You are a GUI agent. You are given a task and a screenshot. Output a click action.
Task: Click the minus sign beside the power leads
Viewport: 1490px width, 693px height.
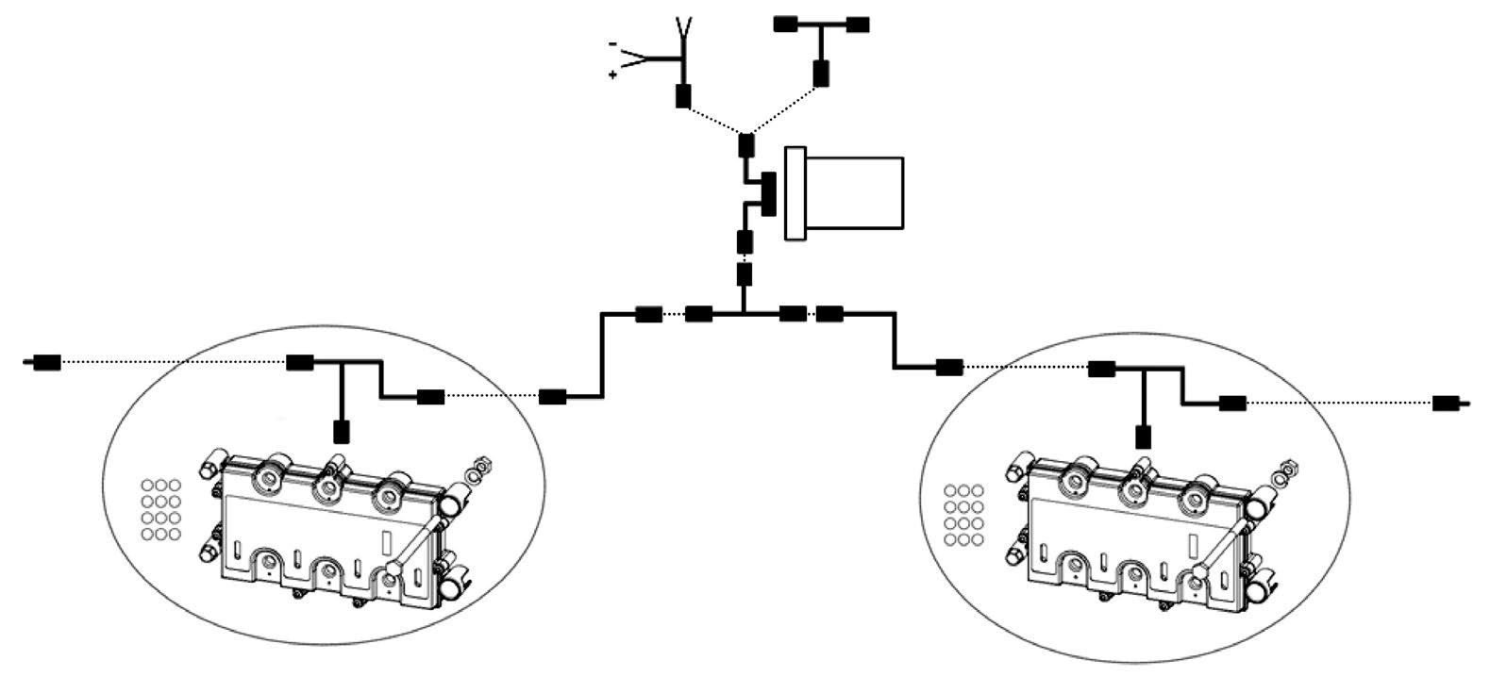pyautogui.click(x=613, y=44)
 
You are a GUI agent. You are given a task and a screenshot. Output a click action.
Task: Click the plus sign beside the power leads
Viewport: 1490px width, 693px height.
pyautogui.click(x=613, y=74)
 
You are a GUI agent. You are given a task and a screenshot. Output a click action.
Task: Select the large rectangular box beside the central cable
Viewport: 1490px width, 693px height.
pyautogui.click(x=845, y=193)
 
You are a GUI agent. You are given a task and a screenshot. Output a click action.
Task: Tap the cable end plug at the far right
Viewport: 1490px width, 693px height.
pyautogui.click(x=1447, y=404)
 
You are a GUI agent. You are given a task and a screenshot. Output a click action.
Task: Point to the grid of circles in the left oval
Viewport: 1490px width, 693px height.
pyautogui.click(x=160, y=510)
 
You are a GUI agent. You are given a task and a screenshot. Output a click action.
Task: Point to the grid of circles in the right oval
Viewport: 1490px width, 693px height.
pyautogui.click(x=963, y=515)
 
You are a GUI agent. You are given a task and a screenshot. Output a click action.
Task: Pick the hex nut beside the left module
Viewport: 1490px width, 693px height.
pyautogui.click(x=479, y=465)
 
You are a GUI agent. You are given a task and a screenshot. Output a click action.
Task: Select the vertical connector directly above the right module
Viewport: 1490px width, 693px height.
pyautogui.click(x=1143, y=437)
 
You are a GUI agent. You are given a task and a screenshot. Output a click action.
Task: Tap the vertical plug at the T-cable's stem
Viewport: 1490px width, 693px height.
pyautogui.click(x=821, y=73)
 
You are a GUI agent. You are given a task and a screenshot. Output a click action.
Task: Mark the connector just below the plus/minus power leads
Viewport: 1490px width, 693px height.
pyautogui.click(x=682, y=95)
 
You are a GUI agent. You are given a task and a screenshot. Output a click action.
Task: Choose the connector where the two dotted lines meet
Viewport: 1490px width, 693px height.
pyautogui.click(x=745, y=145)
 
